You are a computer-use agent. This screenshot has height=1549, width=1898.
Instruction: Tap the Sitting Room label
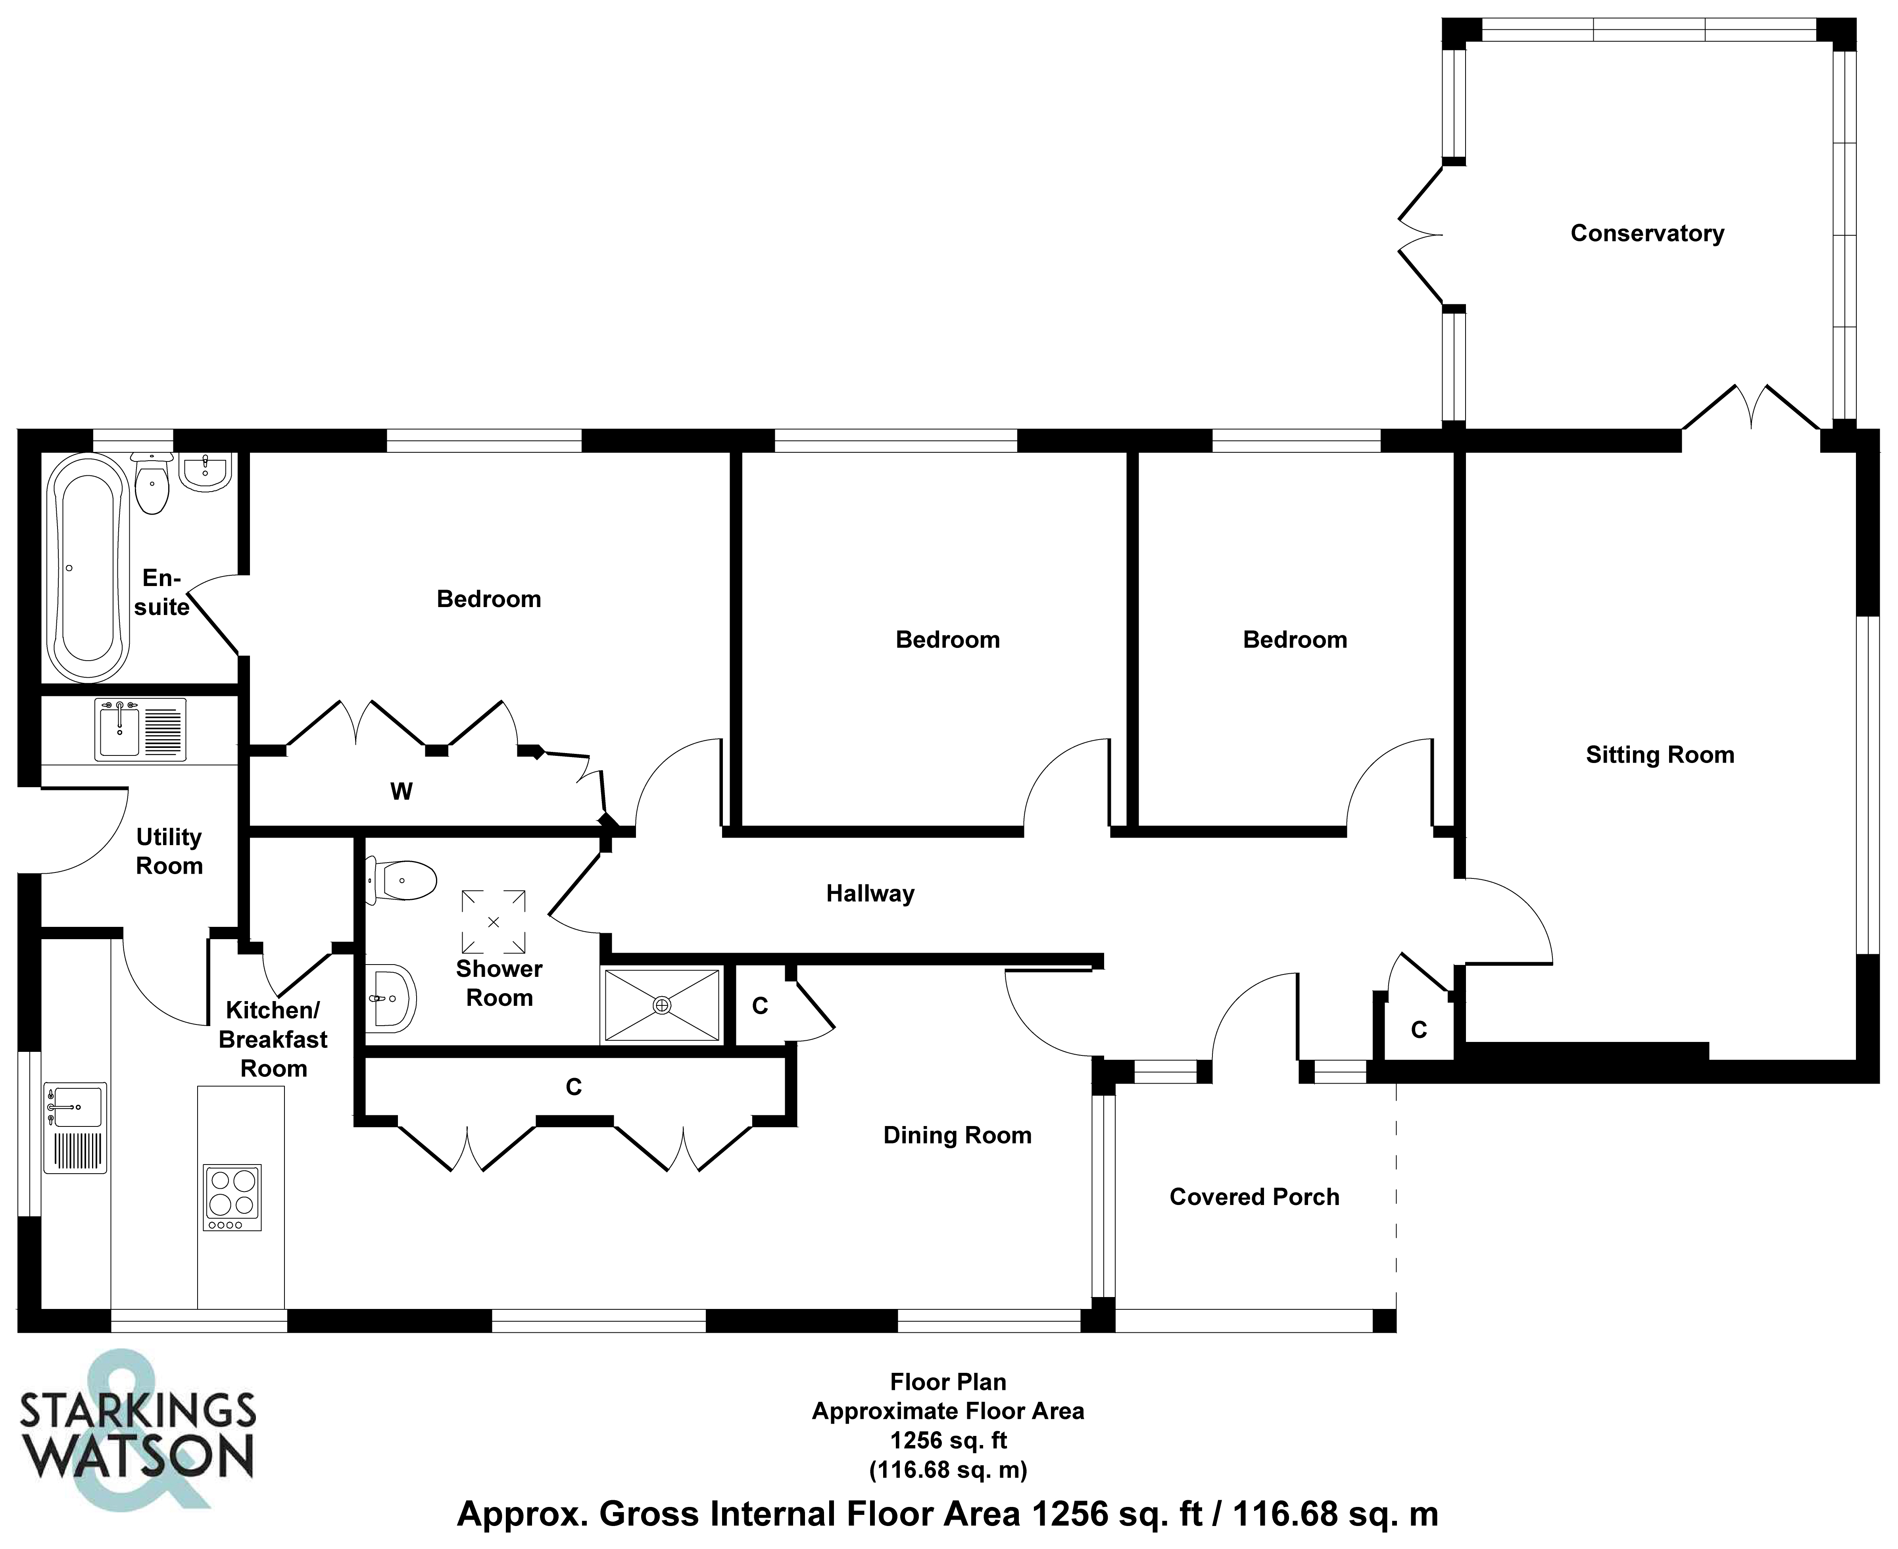1659,755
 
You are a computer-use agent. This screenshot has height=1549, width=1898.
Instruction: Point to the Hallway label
870,893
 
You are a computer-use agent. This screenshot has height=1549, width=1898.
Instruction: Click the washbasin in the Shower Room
393,997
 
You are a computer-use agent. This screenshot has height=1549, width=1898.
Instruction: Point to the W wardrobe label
401,792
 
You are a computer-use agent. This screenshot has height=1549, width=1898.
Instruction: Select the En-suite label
161,592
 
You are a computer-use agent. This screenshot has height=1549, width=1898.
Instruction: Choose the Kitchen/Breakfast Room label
273,1040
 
